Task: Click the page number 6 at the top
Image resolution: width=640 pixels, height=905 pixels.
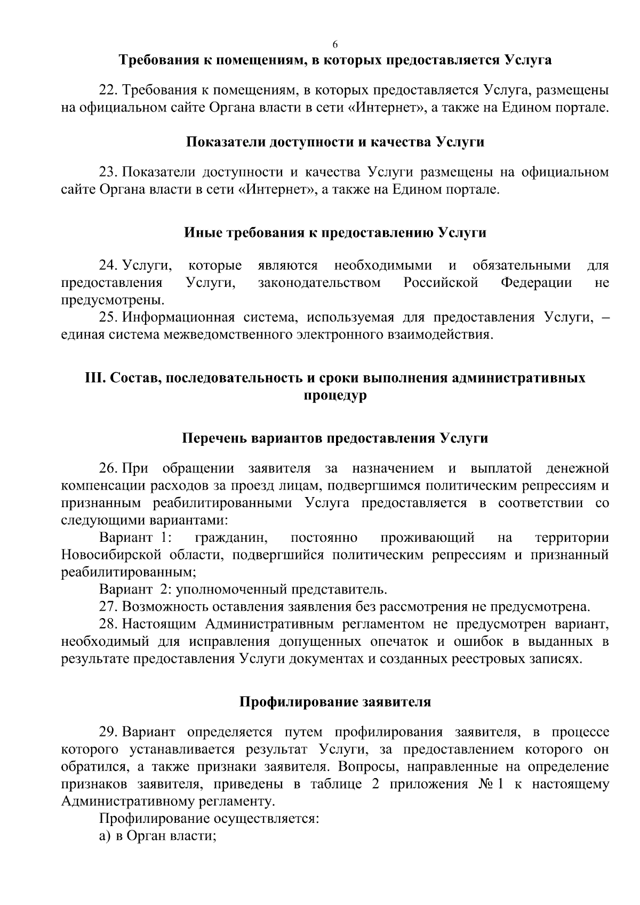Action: [335, 43]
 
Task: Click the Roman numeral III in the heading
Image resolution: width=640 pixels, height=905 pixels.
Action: [94, 378]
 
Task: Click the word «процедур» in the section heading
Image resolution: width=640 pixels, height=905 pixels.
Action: [335, 396]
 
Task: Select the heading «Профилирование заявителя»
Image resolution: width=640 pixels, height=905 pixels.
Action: [335, 701]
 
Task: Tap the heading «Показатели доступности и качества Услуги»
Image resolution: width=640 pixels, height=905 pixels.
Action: [335, 142]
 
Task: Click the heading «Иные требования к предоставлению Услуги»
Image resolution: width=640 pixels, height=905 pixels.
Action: [335, 233]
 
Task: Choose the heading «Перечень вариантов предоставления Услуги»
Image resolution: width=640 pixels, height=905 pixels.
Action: [335, 438]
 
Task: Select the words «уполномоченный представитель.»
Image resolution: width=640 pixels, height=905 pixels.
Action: [282, 589]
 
